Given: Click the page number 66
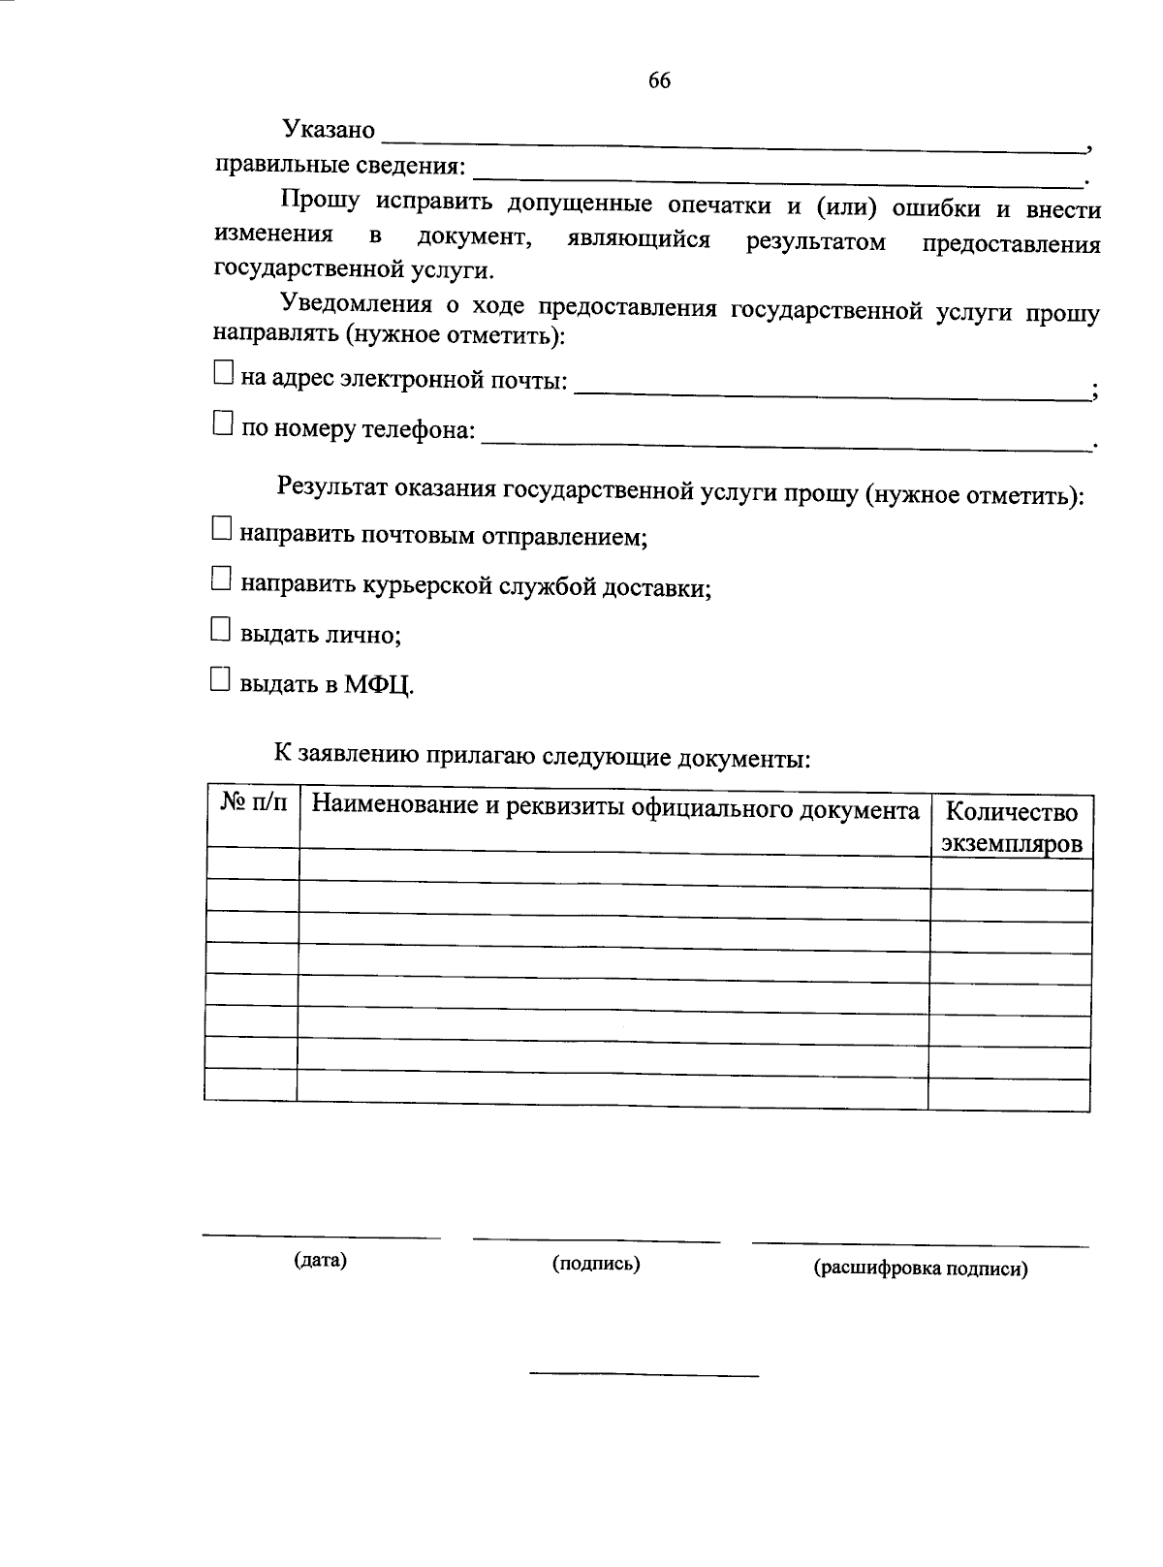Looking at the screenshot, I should click(659, 81).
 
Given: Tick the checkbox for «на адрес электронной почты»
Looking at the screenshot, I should click(223, 373).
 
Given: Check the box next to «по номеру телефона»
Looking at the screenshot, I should click(223, 423).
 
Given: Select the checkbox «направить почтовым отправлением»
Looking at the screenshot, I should click(222, 529).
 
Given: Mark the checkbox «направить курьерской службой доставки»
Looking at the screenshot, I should click(222, 580).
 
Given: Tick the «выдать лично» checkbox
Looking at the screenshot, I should click(221, 631).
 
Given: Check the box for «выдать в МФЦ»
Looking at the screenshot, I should click(221, 680).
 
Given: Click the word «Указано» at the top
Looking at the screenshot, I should click(328, 129).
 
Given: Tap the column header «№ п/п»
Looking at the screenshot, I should click(254, 803).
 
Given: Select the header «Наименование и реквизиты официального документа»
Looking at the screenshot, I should click(615, 809).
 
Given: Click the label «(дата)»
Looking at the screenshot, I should click(320, 1261).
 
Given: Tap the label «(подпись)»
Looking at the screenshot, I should click(596, 1264).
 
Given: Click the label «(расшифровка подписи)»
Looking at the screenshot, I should click(921, 1269).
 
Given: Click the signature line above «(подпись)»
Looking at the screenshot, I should click(596, 1240).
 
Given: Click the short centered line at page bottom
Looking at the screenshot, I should click(644, 1375).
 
